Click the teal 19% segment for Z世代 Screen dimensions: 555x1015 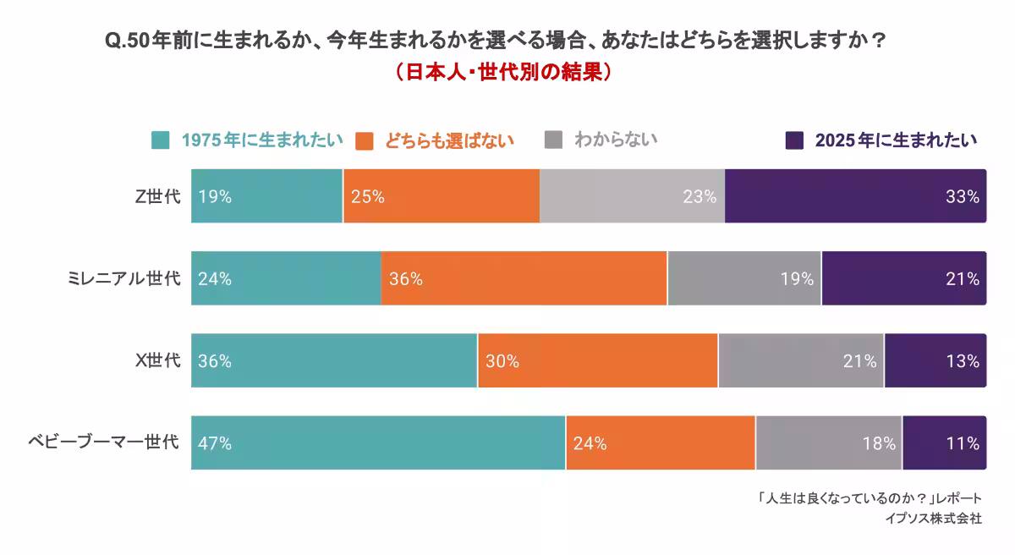266,196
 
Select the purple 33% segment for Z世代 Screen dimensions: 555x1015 855,196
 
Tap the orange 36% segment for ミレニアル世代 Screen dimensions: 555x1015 524,278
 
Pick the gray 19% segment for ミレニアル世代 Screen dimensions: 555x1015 743,278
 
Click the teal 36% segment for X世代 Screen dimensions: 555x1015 334,360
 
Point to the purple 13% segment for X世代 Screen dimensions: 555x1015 935,360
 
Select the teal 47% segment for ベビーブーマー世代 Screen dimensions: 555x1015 378,442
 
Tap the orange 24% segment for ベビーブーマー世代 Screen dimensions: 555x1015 661,442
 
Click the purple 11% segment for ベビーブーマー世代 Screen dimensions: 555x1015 944,442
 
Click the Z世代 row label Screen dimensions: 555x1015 158,196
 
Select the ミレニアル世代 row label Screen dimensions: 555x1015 124,278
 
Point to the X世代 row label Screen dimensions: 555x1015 158,360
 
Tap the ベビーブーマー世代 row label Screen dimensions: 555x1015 104,442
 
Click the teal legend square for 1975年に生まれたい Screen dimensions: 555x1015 161,140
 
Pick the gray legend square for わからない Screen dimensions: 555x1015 553,140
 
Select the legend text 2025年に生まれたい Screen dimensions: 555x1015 896,140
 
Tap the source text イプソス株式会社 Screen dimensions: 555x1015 933,518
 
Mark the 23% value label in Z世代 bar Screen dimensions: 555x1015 700,196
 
